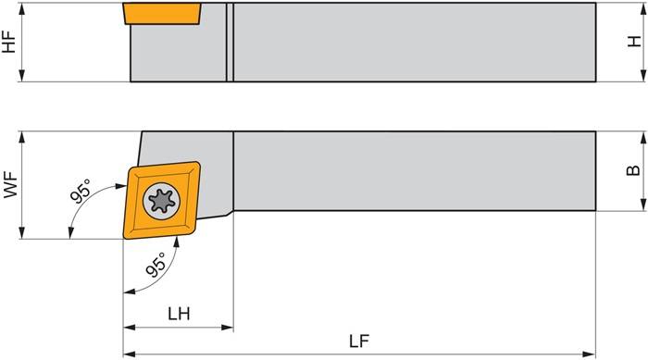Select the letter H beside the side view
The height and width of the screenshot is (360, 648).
pos(634,43)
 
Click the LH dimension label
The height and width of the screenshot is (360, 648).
pos(179,314)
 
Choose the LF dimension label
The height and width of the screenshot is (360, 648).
pos(360,341)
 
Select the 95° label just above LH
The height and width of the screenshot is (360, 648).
pos(156,267)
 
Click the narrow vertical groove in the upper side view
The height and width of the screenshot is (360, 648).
pos(231,42)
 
